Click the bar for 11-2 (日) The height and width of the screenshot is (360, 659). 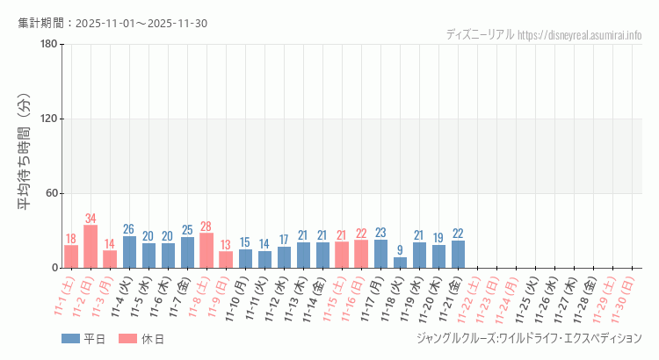91,247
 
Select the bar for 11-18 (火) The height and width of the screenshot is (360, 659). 401,263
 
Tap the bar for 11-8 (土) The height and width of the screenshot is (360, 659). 206,250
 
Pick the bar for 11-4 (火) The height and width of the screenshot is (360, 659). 129,252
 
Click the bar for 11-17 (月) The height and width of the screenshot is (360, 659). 381,254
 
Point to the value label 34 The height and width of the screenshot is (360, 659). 91,218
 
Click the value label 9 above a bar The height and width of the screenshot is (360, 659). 401,250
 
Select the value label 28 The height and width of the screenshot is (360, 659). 206,227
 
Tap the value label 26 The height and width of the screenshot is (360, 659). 129,229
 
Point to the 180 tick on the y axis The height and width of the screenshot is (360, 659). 48,45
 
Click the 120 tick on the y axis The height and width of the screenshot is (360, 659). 48,119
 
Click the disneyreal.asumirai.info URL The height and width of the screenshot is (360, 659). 580,35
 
